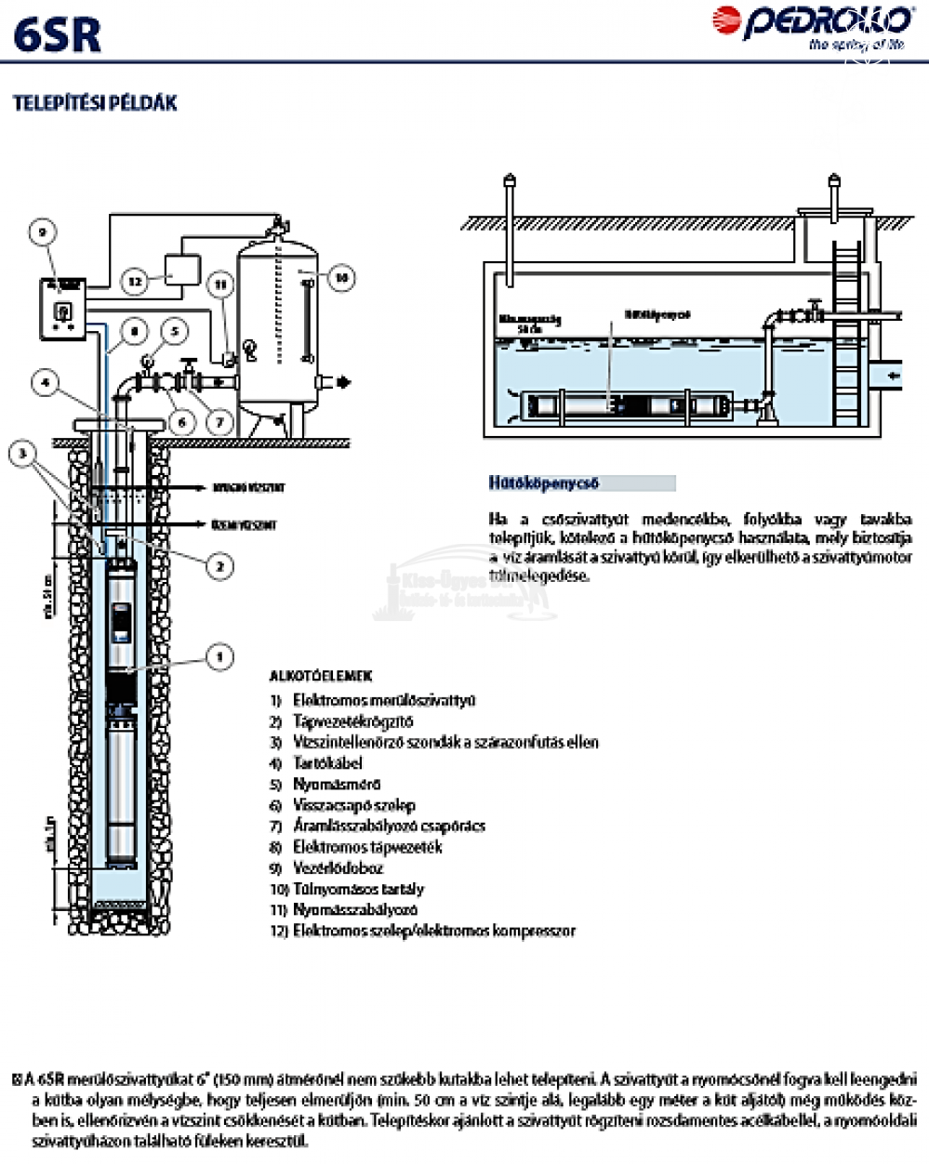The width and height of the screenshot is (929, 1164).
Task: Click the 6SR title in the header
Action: point(58,35)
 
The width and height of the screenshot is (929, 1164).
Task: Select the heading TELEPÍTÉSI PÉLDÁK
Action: point(95,102)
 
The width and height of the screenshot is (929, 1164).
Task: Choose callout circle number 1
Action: point(219,657)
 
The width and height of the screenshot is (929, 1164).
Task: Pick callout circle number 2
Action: point(219,564)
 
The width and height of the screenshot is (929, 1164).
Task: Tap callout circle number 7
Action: point(219,421)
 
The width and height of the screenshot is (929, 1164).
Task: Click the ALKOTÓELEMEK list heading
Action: point(320,676)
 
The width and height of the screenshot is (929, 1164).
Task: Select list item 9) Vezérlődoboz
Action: point(338,867)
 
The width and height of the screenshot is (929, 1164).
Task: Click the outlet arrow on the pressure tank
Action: point(343,381)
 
